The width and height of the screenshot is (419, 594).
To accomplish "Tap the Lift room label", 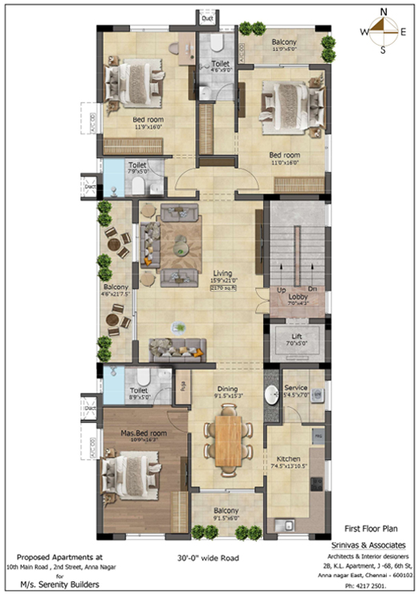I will click(x=297, y=339).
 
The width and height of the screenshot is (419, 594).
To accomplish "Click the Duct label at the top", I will click(x=208, y=17).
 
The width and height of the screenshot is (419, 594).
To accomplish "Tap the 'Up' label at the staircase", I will click(x=281, y=288).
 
